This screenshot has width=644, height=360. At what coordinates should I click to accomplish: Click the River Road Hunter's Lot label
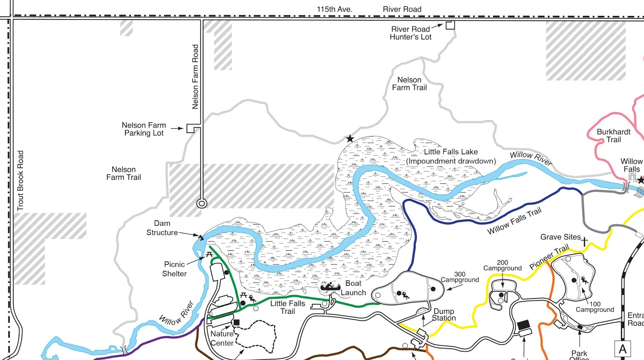[x=411, y=33]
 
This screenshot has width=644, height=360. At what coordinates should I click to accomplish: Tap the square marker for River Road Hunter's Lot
[x=450, y=25]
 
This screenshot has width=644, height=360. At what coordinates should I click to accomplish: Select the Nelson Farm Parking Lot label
[x=144, y=129]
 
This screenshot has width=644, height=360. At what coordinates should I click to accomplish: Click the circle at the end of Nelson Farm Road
[x=202, y=204]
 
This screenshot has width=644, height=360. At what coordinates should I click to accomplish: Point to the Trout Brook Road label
[x=21, y=181]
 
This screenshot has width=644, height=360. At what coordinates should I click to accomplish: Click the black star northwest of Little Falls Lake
[x=350, y=139]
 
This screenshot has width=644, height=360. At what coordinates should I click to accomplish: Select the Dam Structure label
[x=162, y=228]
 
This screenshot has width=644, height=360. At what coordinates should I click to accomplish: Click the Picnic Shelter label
[x=174, y=269]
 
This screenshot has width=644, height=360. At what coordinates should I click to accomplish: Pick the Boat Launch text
[x=353, y=288]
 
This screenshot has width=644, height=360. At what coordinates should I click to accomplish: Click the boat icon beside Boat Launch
[x=330, y=287]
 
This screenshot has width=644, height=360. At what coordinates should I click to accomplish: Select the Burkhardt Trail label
[x=613, y=136]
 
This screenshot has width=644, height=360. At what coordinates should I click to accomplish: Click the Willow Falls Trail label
[x=514, y=221]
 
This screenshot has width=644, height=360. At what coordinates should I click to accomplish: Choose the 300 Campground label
[x=460, y=277]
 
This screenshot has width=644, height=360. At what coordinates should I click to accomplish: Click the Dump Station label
[x=444, y=315]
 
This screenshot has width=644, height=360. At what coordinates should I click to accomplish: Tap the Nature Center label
[x=222, y=338]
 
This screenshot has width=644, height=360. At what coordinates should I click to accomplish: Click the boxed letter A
[x=622, y=349]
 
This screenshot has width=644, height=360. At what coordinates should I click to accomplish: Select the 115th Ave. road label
[x=334, y=9]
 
